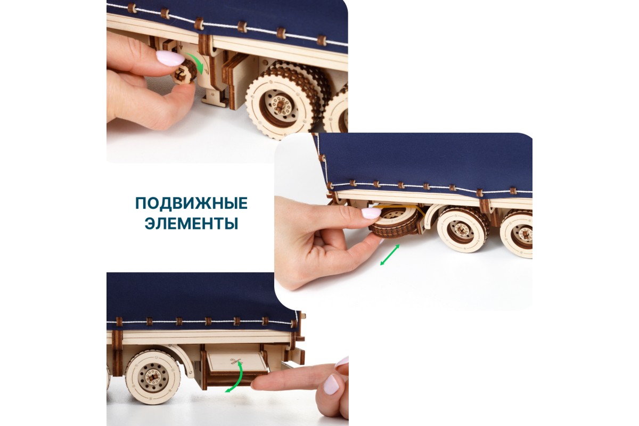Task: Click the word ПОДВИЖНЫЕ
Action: coord(191,203)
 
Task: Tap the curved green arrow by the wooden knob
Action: coord(198,62)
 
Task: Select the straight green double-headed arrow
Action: coord(390,255)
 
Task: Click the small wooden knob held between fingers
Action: coord(185,72)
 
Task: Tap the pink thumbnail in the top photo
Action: coord(170,58)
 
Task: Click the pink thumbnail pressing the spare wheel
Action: coord(371,213)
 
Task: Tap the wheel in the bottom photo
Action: coord(153,376)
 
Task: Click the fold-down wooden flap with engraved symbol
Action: coord(237,363)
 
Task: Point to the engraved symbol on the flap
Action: coord(236,362)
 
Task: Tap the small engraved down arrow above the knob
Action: coord(181,45)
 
